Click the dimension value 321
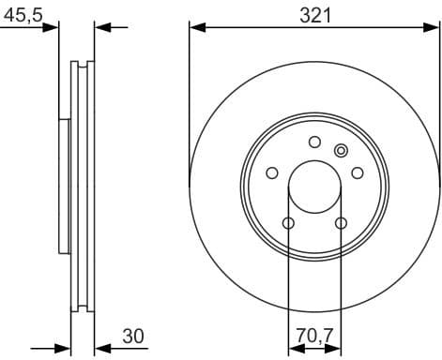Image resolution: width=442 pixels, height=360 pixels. tap(315, 14)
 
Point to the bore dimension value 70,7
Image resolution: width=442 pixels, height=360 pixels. tap(314, 336)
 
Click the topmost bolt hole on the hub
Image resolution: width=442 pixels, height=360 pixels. tap(314, 142)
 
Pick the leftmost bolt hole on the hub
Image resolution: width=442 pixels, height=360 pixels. tap(272, 172)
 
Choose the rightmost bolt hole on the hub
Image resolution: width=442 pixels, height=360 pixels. tap(357, 172)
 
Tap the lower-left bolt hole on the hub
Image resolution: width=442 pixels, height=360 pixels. tap(288, 222)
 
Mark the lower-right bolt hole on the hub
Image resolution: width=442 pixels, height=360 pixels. tap(341, 222)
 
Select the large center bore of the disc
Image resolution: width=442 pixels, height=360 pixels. tap(314, 187)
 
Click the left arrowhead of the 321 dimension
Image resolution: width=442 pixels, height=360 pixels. tap(195, 26)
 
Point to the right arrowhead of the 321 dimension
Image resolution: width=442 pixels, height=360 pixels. tap(434, 26)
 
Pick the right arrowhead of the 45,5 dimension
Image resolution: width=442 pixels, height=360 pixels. tap(101, 26)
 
